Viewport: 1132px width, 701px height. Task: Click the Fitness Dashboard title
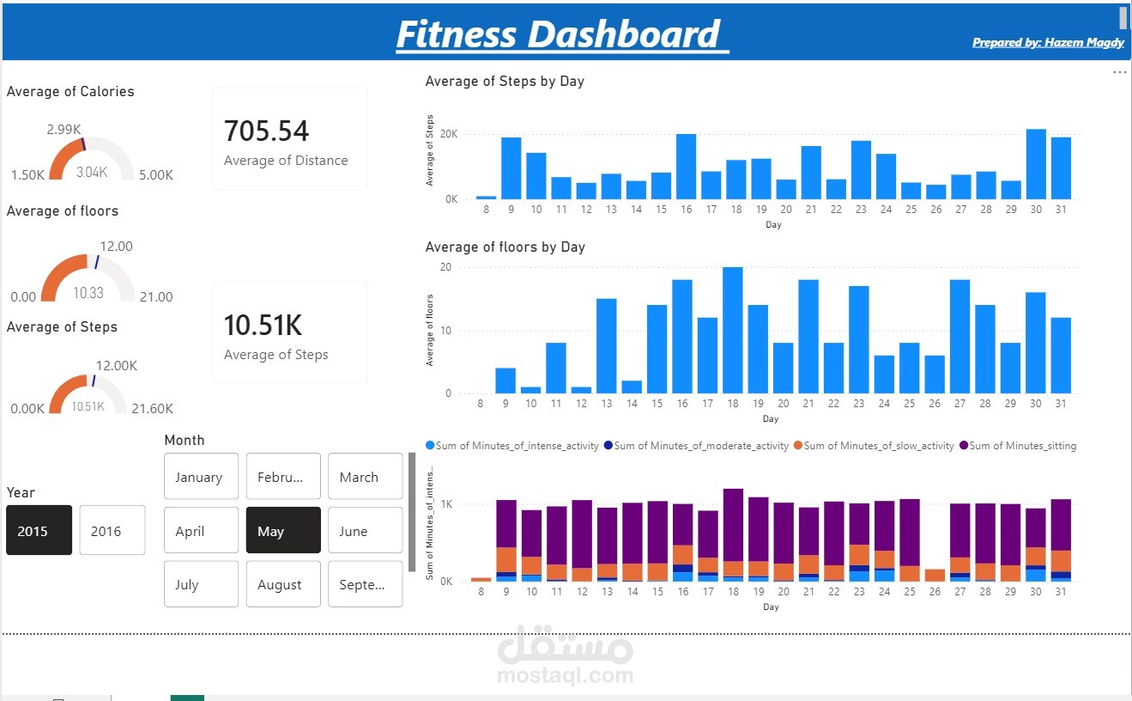[558, 34]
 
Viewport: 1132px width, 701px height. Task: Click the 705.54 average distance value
[266, 131]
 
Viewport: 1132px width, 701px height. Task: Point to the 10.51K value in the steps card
[263, 326]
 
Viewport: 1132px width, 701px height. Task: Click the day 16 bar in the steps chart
[686, 167]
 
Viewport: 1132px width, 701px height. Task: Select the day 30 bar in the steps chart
[1036, 164]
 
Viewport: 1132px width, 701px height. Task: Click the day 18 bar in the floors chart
[732, 330]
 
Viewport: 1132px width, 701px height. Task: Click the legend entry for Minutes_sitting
[1022, 446]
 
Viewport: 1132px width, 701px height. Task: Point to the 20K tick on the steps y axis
[450, 135]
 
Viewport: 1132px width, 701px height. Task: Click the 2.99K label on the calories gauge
[64, 130]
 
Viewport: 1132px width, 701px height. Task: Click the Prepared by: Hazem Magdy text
[1048, 42]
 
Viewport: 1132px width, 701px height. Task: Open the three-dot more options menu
[1119, 73]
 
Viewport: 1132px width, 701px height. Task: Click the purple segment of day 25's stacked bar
[910, 533]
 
